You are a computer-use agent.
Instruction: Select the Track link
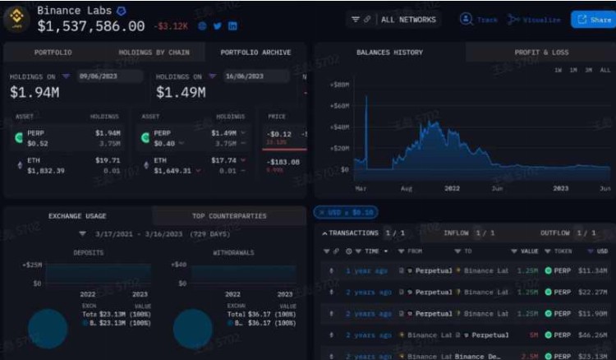[479, 19]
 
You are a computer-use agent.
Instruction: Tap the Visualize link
[535, 19]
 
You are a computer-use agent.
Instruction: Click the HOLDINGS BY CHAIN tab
[154, 53]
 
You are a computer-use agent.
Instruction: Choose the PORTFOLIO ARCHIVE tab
[255, 53]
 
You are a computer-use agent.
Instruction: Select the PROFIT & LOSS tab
[541, 53]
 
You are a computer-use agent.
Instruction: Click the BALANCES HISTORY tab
[389, 53]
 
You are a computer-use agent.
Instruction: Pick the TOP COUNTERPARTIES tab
[229, 216]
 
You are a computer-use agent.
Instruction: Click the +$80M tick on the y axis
[338, 85]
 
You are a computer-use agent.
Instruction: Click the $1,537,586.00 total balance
[91, 26]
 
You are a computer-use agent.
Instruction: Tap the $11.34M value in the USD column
[591, 270]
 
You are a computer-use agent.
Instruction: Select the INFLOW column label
[456, 233]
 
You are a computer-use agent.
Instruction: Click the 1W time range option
[559, 71]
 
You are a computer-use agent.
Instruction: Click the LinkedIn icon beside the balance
[233, 26]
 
